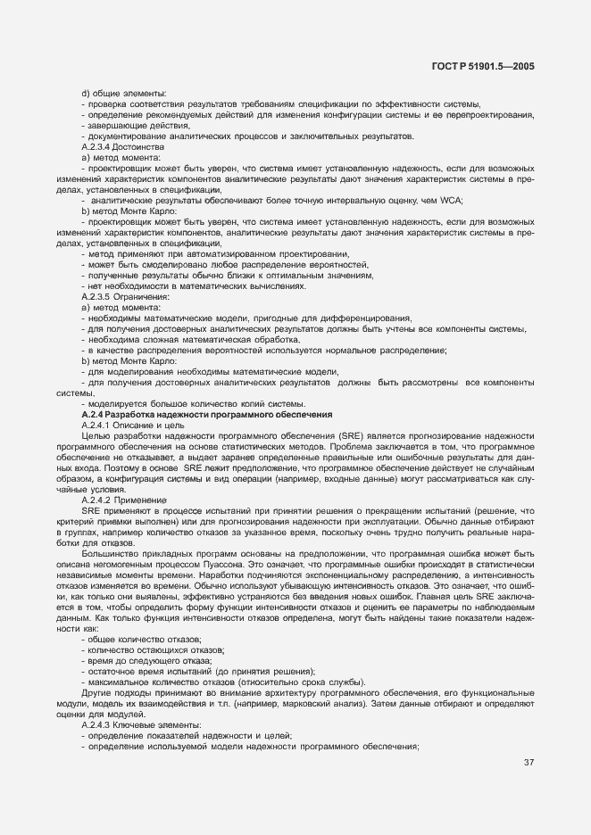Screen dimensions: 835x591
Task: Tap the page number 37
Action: click(529, 762)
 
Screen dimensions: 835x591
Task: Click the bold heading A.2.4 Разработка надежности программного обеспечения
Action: click(206, 415)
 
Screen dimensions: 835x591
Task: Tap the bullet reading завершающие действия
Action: click(133, 125)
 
